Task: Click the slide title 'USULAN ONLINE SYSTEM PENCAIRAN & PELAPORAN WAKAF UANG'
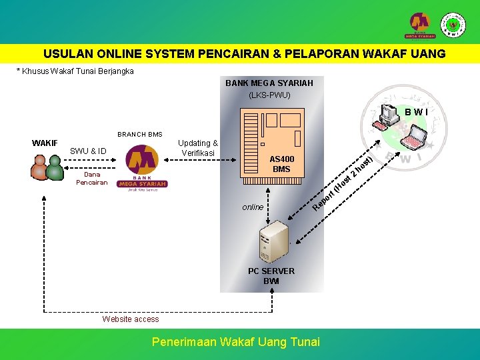[245, 54]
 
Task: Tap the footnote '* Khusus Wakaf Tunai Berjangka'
[75, 71]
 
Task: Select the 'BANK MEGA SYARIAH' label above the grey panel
[269, 83]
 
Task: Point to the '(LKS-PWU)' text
[269, 95]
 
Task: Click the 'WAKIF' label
[45, 143]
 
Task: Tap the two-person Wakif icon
[47, 167]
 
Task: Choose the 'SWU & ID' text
[88, 151]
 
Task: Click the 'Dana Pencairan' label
[91, 178]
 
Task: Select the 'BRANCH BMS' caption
[140, 134]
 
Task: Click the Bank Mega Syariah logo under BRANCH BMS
[142, 169]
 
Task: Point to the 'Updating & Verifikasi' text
[197, 148]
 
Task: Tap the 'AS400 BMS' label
[281, 164]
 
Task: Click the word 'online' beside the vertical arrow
[253, 207]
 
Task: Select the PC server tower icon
[273, 241]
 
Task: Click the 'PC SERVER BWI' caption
[271, 276]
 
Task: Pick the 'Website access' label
[131, 319]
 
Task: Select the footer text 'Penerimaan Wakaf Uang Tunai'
[236, 342]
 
